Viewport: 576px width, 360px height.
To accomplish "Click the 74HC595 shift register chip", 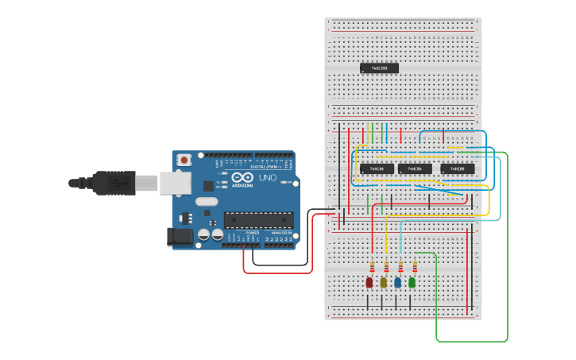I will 379,68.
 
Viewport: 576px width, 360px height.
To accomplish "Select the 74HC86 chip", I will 377,168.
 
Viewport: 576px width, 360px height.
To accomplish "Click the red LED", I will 369,282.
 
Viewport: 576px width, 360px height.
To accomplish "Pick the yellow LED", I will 384,282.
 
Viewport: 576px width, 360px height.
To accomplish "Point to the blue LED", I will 398,282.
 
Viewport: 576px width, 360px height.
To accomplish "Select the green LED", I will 412,282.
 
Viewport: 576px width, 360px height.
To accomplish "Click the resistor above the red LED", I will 372,266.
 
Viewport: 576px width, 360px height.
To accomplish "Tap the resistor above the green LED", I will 415,266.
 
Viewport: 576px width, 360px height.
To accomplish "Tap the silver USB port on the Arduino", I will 174,184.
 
